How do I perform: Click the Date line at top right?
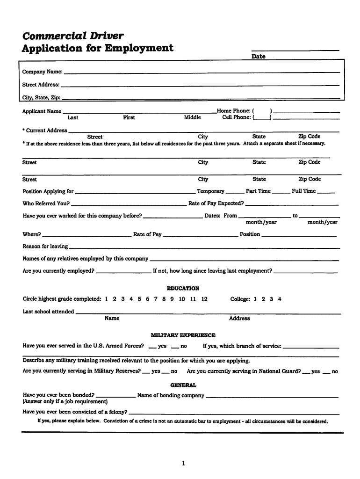click(295, 49)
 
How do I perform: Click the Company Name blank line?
click(202, 73)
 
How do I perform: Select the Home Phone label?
click(233, 111)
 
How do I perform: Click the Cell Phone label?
click(236, 117)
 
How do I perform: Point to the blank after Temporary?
click(235, 192)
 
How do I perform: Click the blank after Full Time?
click(326, 192)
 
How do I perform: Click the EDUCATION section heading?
click(183, 289)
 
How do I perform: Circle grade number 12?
click(204, 299)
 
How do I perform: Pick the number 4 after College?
click(280, 299)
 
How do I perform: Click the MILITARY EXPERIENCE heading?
click(183, 335)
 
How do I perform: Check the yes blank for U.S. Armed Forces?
click(152, 348)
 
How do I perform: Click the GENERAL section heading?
click(183, 385)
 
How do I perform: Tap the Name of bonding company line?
click(272, 397)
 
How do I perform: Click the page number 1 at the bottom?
click(184, 464)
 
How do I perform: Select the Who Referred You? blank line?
click(129, 204)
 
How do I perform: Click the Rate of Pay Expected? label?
click(216, 203)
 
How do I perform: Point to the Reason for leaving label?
click(45, 247)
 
